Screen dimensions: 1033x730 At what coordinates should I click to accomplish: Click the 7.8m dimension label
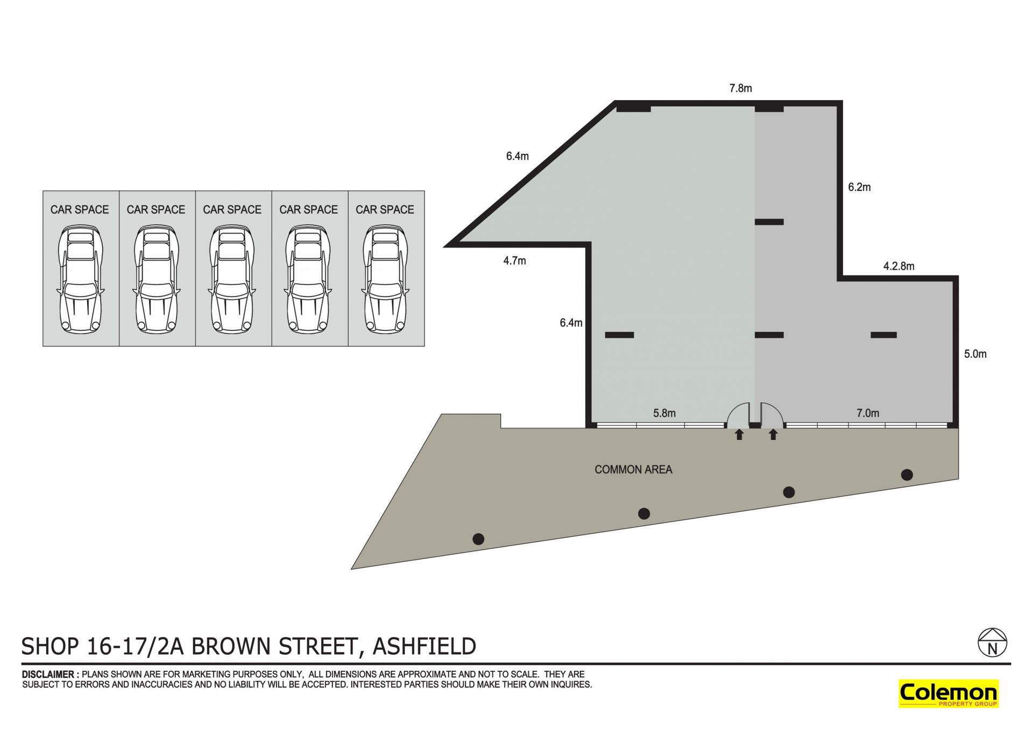(x=740, y=88)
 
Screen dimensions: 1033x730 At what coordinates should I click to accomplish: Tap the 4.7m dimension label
(x=514, y=261)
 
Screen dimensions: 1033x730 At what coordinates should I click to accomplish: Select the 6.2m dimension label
(x=859, y=187)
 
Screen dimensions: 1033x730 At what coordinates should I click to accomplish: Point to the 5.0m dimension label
(x=975, y=354)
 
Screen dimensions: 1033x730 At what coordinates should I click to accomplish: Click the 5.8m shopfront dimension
(x=664, y=413)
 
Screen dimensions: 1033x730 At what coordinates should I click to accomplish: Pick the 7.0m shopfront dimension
(x=868, y=413)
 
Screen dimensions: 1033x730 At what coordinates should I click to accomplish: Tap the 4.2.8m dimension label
(x=898, y=266)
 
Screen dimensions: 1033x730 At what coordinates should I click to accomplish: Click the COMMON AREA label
(x=633, y=470)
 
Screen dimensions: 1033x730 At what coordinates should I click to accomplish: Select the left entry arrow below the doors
(x=739, y=434)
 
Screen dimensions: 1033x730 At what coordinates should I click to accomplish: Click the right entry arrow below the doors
(x=773, y=434)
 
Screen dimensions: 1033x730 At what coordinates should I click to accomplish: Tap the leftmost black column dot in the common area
(x=478, y=538)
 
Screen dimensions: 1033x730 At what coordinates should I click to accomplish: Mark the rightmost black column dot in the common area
(x=907, y=474)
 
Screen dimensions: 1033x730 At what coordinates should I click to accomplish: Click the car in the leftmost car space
(x=80, y=279)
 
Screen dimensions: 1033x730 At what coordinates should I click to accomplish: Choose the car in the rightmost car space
(x=385, y=279)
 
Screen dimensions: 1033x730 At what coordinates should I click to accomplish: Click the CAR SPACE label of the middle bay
(x=232, y=210)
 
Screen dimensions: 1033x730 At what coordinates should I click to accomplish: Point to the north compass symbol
(x=993, y=642)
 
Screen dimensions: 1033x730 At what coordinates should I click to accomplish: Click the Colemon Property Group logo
(x=949, y=693)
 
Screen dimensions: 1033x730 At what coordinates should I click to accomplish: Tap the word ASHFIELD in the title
(x=424, y=646)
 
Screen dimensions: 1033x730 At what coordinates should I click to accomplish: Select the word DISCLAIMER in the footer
(x=48, y=675)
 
